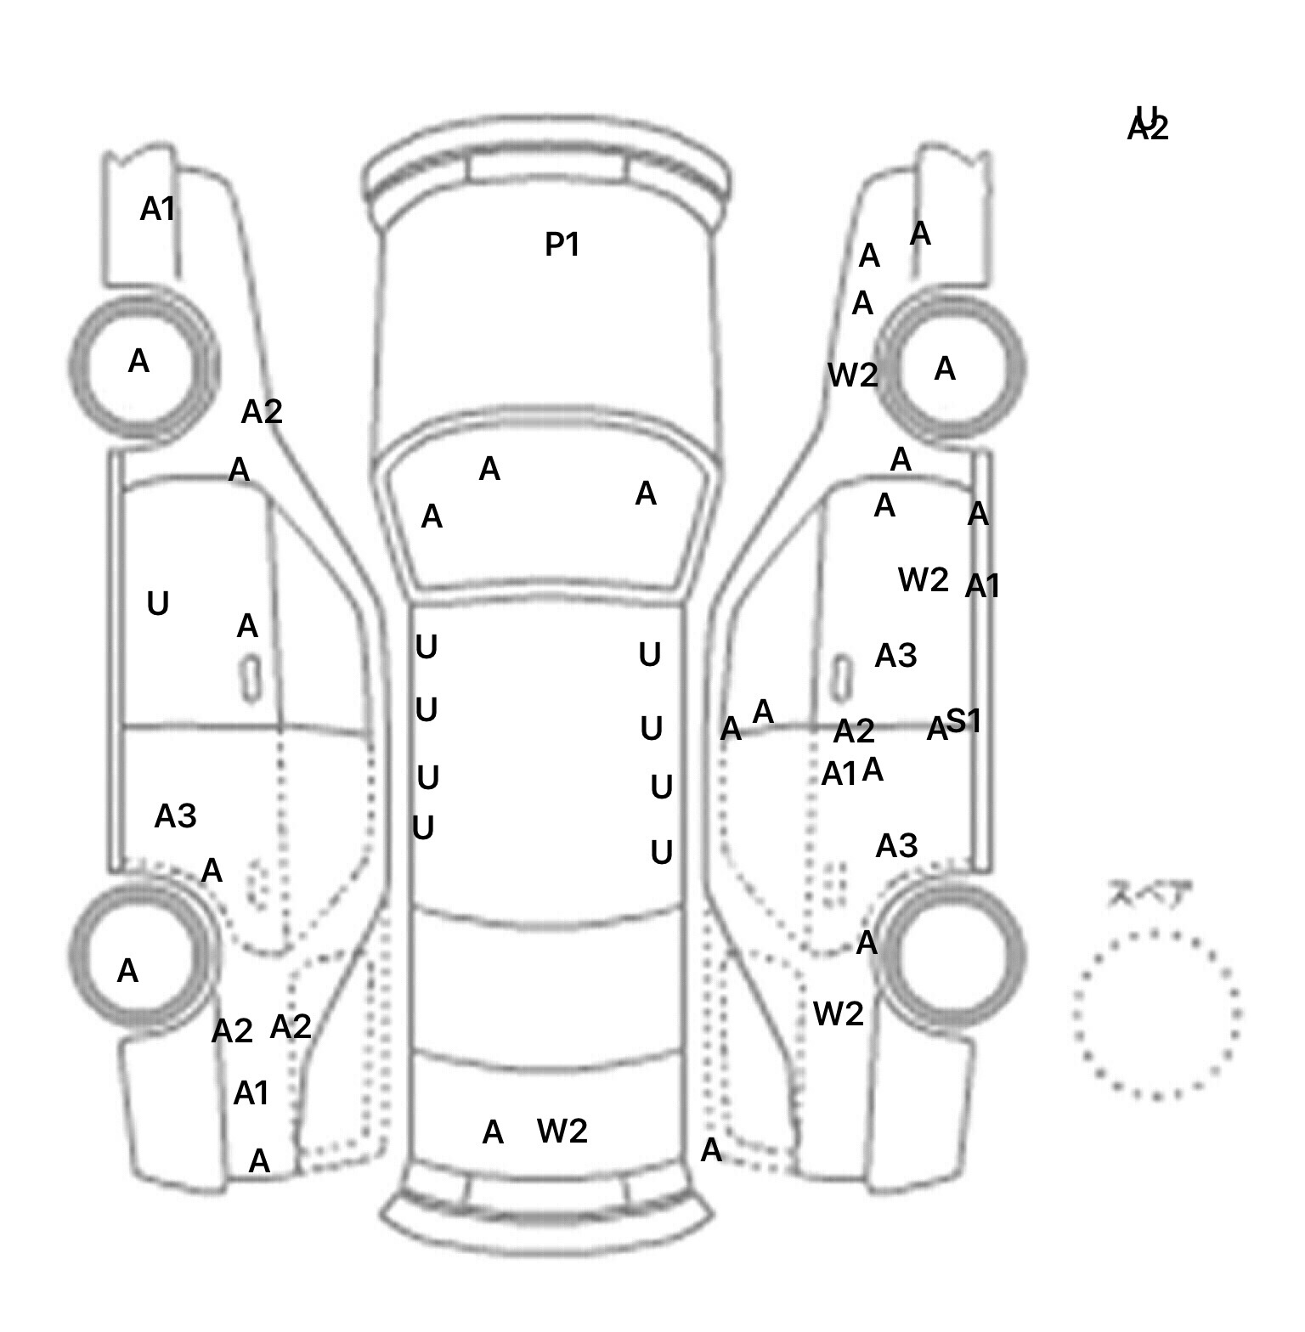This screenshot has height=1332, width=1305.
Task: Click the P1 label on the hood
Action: pyautogui.click(x=562, y=245)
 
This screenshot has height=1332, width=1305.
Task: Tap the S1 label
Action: pyautogui.click(x=963, y=721)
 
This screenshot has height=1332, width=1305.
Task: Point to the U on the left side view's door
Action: pyautogui.click(x=158, y=604)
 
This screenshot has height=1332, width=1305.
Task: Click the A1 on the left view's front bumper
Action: pyautogui.click(x=157, y=208)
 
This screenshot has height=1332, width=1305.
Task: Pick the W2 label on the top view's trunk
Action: pyautogui.click(x=562, y=1131)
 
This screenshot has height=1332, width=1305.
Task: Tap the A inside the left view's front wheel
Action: pyautogui.click(x=138, y=362)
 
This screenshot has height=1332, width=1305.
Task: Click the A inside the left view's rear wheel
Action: pyautogui.click(x=127, y=970)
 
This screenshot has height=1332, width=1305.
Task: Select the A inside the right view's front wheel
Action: pyautogui.click(x=945, y=369)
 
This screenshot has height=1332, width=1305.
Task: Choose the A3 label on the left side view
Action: pyautogui.click(x=175, y=816)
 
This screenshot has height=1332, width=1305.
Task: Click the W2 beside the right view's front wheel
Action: pyautogui.click(x=852, y=375)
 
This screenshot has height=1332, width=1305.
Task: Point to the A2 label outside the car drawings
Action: pyautogui.click(x=1148, y=130)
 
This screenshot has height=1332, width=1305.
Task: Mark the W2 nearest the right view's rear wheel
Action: pyautogui.click(x=839, y=1013)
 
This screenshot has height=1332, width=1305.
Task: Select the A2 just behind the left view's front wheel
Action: pyautogui.click(x=262, y=412)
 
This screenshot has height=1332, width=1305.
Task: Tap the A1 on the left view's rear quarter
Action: pyautogui.click(x=251, y=1093)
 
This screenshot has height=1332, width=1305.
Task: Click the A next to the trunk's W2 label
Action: pyautogui.click(x=493, y=1132)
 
